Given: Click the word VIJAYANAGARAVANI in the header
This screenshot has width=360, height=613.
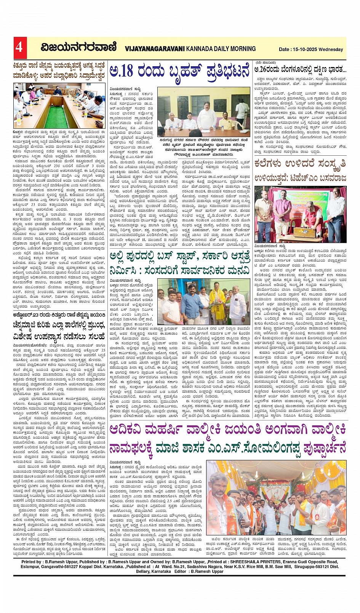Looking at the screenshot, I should point(155,49).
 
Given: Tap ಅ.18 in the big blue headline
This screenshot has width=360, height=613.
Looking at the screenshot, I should point(122,70).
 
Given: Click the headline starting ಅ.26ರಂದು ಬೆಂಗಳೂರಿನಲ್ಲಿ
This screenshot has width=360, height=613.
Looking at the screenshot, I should point(300,70).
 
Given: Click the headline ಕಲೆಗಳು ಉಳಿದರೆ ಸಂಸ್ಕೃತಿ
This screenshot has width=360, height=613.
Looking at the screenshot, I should point(300,164).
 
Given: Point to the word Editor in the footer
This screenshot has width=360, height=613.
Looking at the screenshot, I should point(180,571).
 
